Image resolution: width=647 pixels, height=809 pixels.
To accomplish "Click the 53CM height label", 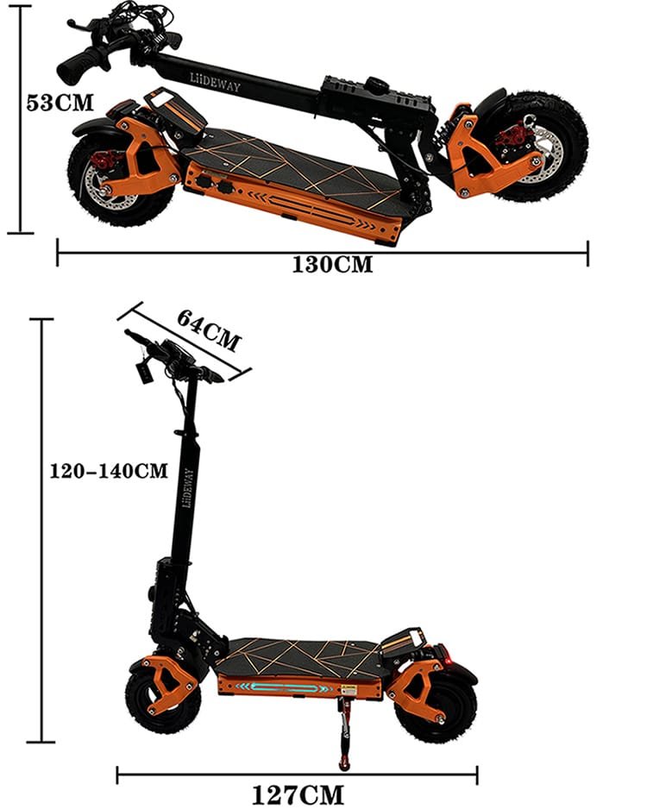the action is click(x=60, y=102).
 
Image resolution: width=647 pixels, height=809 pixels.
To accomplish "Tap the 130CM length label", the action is click(x=332, y=265).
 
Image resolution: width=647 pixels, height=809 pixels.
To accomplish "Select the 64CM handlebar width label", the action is click(x=209, y=329).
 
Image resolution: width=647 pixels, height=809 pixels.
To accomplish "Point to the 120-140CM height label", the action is click(x=109, y=471).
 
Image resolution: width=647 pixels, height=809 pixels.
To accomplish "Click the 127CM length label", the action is click(x=298, y=795).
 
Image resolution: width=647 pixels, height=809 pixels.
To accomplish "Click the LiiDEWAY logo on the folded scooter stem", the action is click(x=215, y=83).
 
